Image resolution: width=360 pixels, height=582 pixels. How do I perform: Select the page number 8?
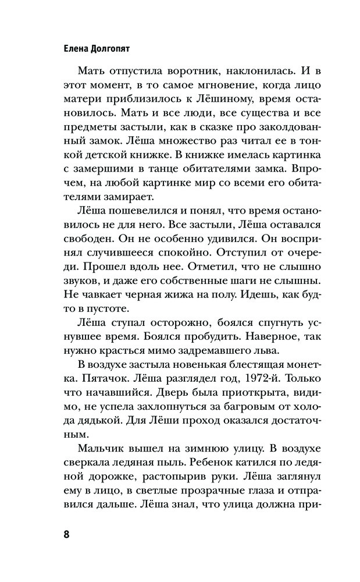click(66, 534)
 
